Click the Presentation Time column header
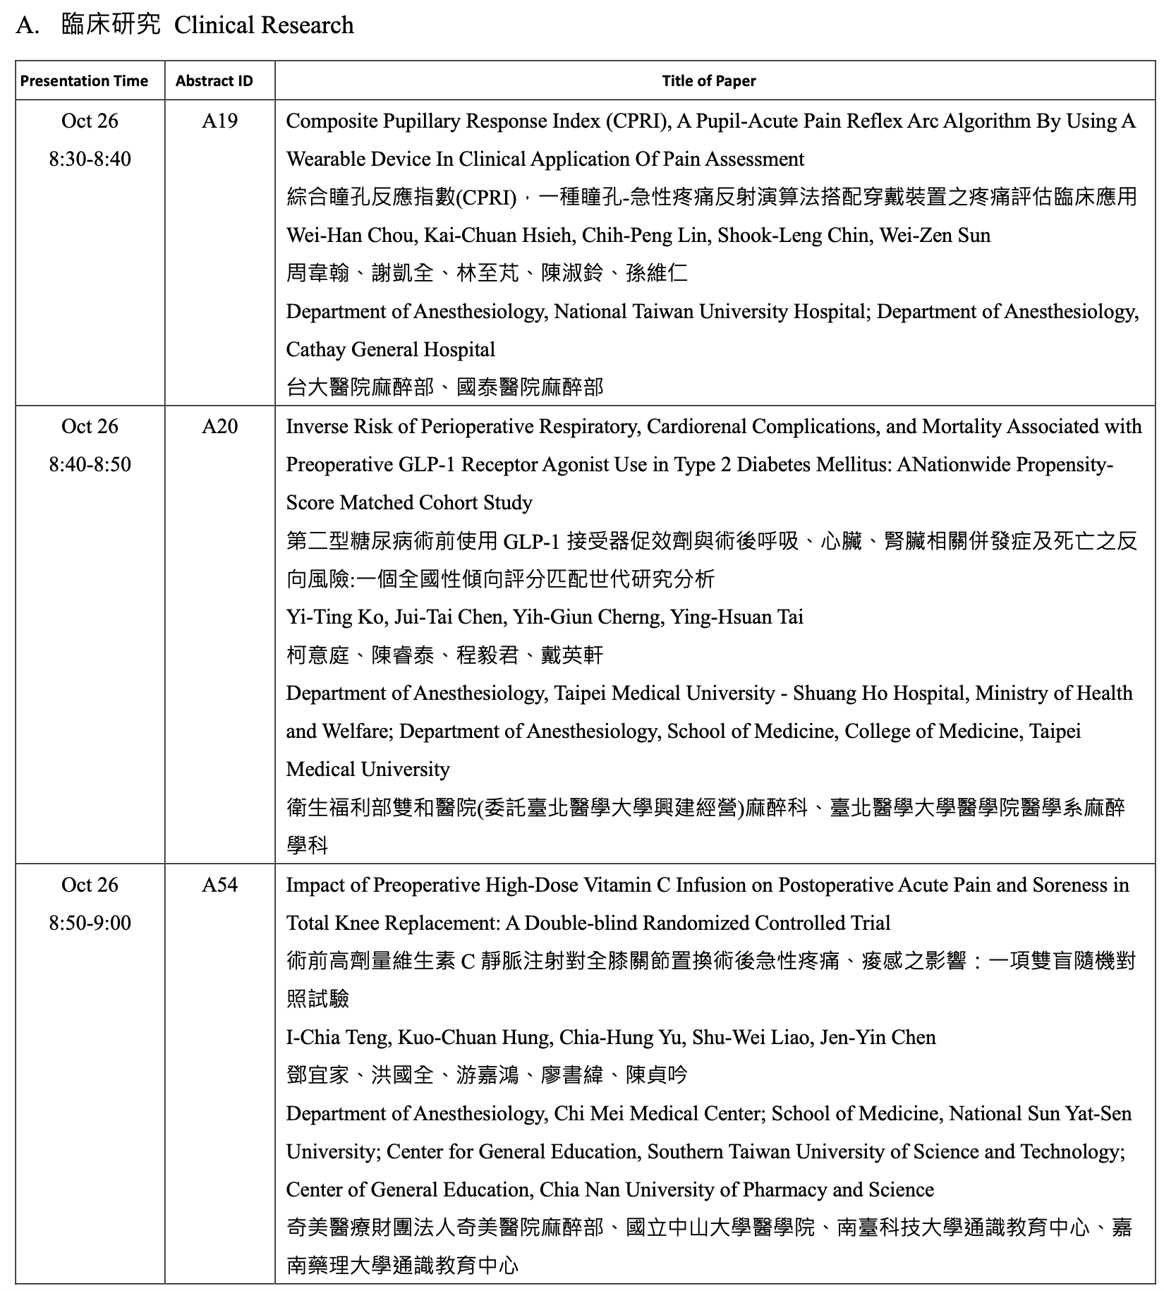coord(84,81)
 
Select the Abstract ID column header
coord(214,81)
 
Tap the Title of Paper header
coord(708,81)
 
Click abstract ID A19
coord(219,121)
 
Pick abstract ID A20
coord(219,427)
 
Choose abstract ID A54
coord(219,885)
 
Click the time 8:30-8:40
coord(90,159)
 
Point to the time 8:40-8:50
coord(90,465)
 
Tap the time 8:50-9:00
coord(90,923)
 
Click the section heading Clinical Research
coord(264,25)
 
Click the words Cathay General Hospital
coord(390,350)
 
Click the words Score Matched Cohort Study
coord(409,503)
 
